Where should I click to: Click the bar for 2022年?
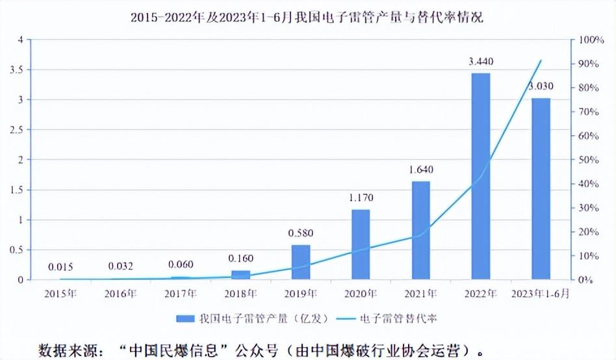pyautogui.click(x=480, y=176)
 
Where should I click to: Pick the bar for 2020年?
pyautogui.click(x=361, y=244)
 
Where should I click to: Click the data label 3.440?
pyautogui.click(x=481, y=62)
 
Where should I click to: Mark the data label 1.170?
pyautogui.click(x=361, y=198)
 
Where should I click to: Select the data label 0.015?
pyautogui.click(x=60, y=266)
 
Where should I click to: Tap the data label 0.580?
pyautogui.click(x=301, y=233)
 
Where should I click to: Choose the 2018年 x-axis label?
pyautogui.click(x=240, y=294)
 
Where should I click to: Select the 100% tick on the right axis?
pyautogui.click(x=592, y=40)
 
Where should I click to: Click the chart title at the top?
pyautogui.click(x=307, y=18)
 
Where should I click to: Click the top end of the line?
pyautogui.click(x=541, y=60)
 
